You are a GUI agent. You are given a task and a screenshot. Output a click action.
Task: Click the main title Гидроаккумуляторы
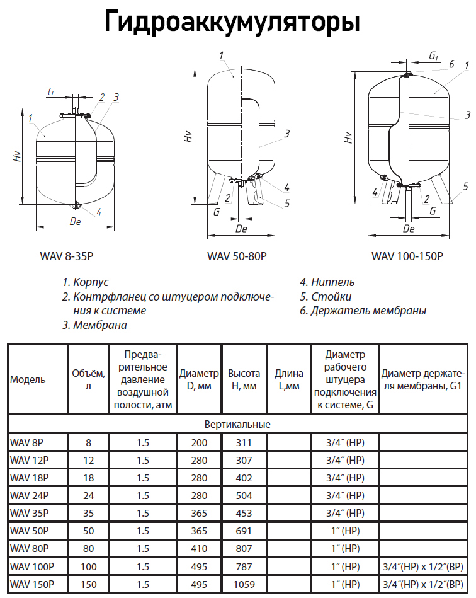coord(232,22)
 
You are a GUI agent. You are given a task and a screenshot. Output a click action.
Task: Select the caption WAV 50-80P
coord(237,256)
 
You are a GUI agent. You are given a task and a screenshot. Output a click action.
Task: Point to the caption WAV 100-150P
coord(407,256)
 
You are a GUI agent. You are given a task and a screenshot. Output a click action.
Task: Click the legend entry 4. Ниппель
coord(327,282)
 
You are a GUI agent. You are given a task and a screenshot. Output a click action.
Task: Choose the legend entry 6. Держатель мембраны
coord(363,311)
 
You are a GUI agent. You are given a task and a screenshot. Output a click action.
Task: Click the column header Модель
coord(28,380)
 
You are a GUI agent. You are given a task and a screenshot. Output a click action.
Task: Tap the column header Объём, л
coord(88,380)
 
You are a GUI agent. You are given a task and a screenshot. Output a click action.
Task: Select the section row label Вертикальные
coord(237,424)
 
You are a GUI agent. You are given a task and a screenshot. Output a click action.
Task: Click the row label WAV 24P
coord(30,495)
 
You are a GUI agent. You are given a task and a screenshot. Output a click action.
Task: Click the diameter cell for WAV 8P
coord(198,442)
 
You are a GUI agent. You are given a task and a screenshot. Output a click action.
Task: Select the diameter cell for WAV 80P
coord(198,548)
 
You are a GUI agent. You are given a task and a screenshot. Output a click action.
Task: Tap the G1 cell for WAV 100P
coord(423,566)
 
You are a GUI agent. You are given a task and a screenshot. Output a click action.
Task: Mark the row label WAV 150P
coord(31,584)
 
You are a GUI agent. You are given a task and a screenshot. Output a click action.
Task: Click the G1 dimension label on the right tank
coord(433,57)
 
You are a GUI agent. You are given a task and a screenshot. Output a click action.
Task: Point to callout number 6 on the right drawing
coord(451,64)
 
